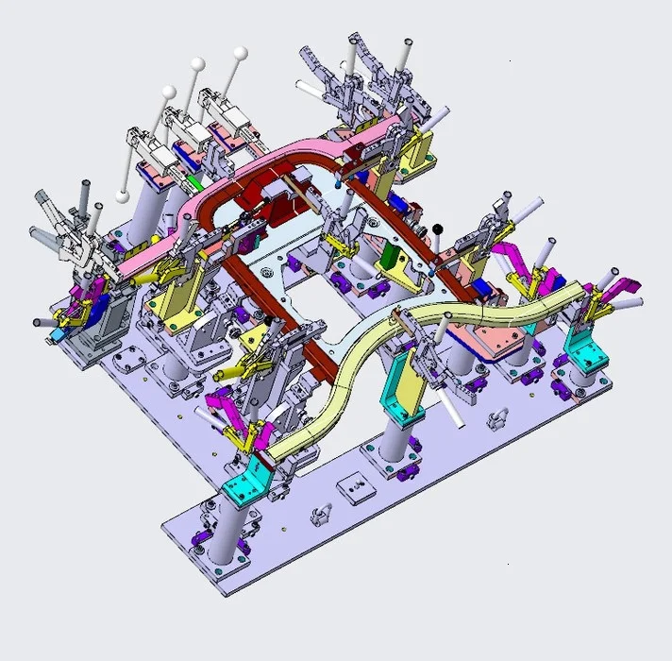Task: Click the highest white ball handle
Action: click(242, 52)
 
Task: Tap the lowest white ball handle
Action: click(123, 195)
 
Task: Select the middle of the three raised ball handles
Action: click(198, 63)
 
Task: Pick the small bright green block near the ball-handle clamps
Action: click(193, 180)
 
